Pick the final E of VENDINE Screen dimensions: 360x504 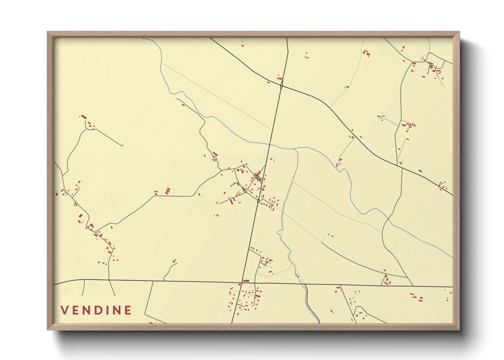click(128, 310)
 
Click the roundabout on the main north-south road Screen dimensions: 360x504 click(258, 201)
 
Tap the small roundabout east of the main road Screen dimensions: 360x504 click(271, 205)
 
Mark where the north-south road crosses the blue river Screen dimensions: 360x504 click(270, 144)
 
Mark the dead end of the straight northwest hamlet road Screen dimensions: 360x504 click(122, 146)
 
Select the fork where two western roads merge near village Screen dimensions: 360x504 click(221, 169)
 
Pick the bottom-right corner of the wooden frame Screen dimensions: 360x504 click(459, 329)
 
